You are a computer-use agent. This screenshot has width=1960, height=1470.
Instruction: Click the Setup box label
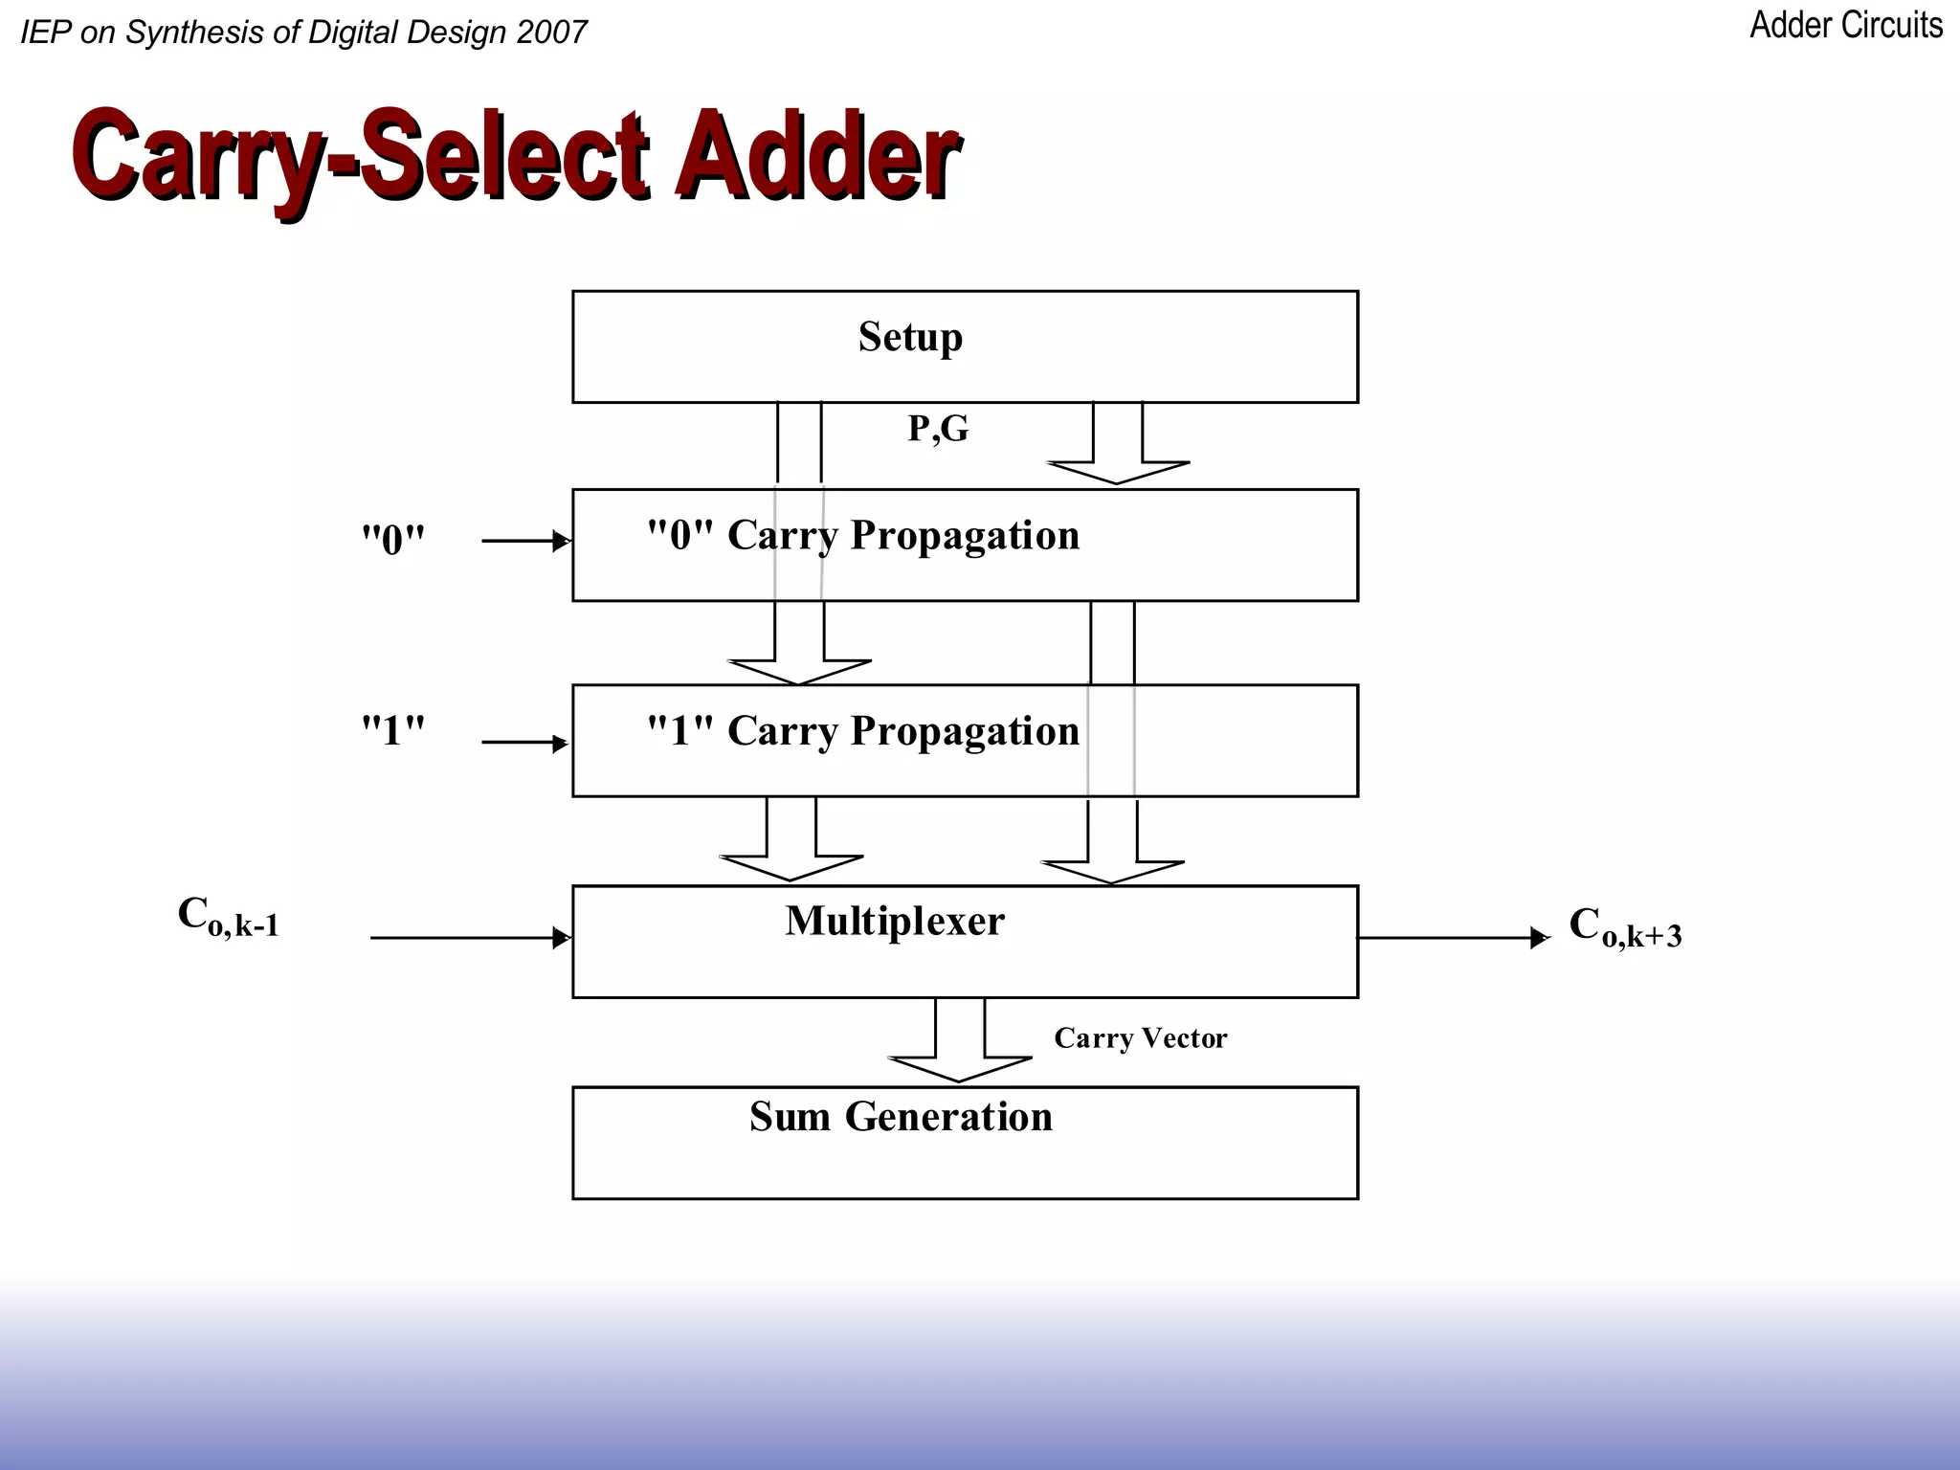tap(910, 338)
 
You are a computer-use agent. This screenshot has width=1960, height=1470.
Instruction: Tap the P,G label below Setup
tap(938, 429)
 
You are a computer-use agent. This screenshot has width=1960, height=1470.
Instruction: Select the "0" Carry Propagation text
tap(863, 536)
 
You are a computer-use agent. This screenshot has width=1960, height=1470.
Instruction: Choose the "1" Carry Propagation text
tap(863, 732)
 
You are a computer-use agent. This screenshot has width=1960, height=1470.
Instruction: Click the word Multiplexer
tap(895, 922)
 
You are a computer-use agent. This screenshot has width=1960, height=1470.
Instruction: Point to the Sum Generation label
tap(901, 1117)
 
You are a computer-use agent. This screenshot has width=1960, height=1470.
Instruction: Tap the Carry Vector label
tap(1140, 1038)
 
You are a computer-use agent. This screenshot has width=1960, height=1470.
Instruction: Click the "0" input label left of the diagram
tap(392, 541)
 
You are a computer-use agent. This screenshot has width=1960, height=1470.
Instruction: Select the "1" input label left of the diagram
tap(392, 732)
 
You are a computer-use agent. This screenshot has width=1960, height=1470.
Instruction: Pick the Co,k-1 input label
tap(228, 917)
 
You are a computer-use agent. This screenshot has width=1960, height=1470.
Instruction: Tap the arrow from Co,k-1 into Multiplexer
tap(469, 938)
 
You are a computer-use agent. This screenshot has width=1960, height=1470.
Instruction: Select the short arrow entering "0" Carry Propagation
tap(525, 542)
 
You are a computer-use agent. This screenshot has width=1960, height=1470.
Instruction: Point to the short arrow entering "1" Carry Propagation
tap(525, 743)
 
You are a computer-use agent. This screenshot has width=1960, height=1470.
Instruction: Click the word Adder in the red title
tap(816, 155)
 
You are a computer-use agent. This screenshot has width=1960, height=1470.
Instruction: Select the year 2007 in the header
tap(551, 33)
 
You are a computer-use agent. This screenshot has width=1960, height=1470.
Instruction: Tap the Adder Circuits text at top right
tap(1845, 26)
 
